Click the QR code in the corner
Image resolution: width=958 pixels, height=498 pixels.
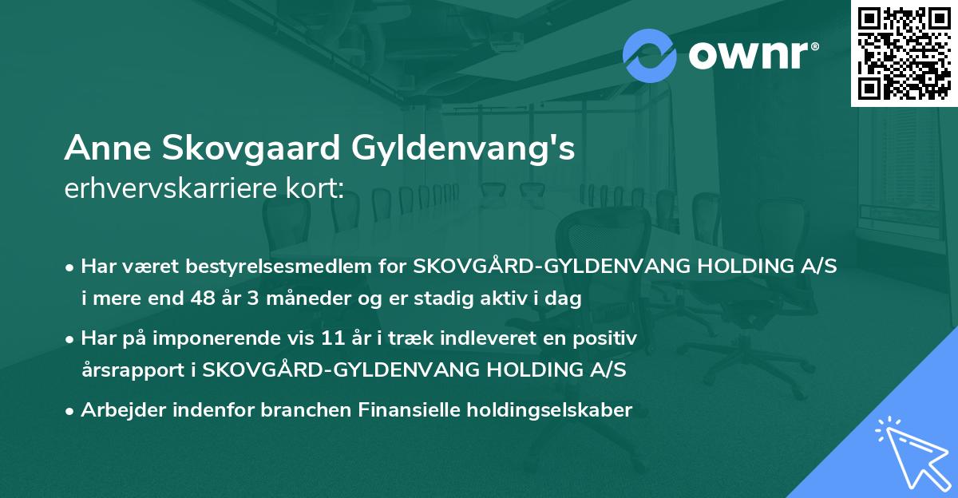point(903,53)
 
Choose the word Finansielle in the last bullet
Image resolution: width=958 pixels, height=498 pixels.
point(402,410)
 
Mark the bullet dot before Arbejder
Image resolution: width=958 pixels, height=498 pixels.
point(70,411)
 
